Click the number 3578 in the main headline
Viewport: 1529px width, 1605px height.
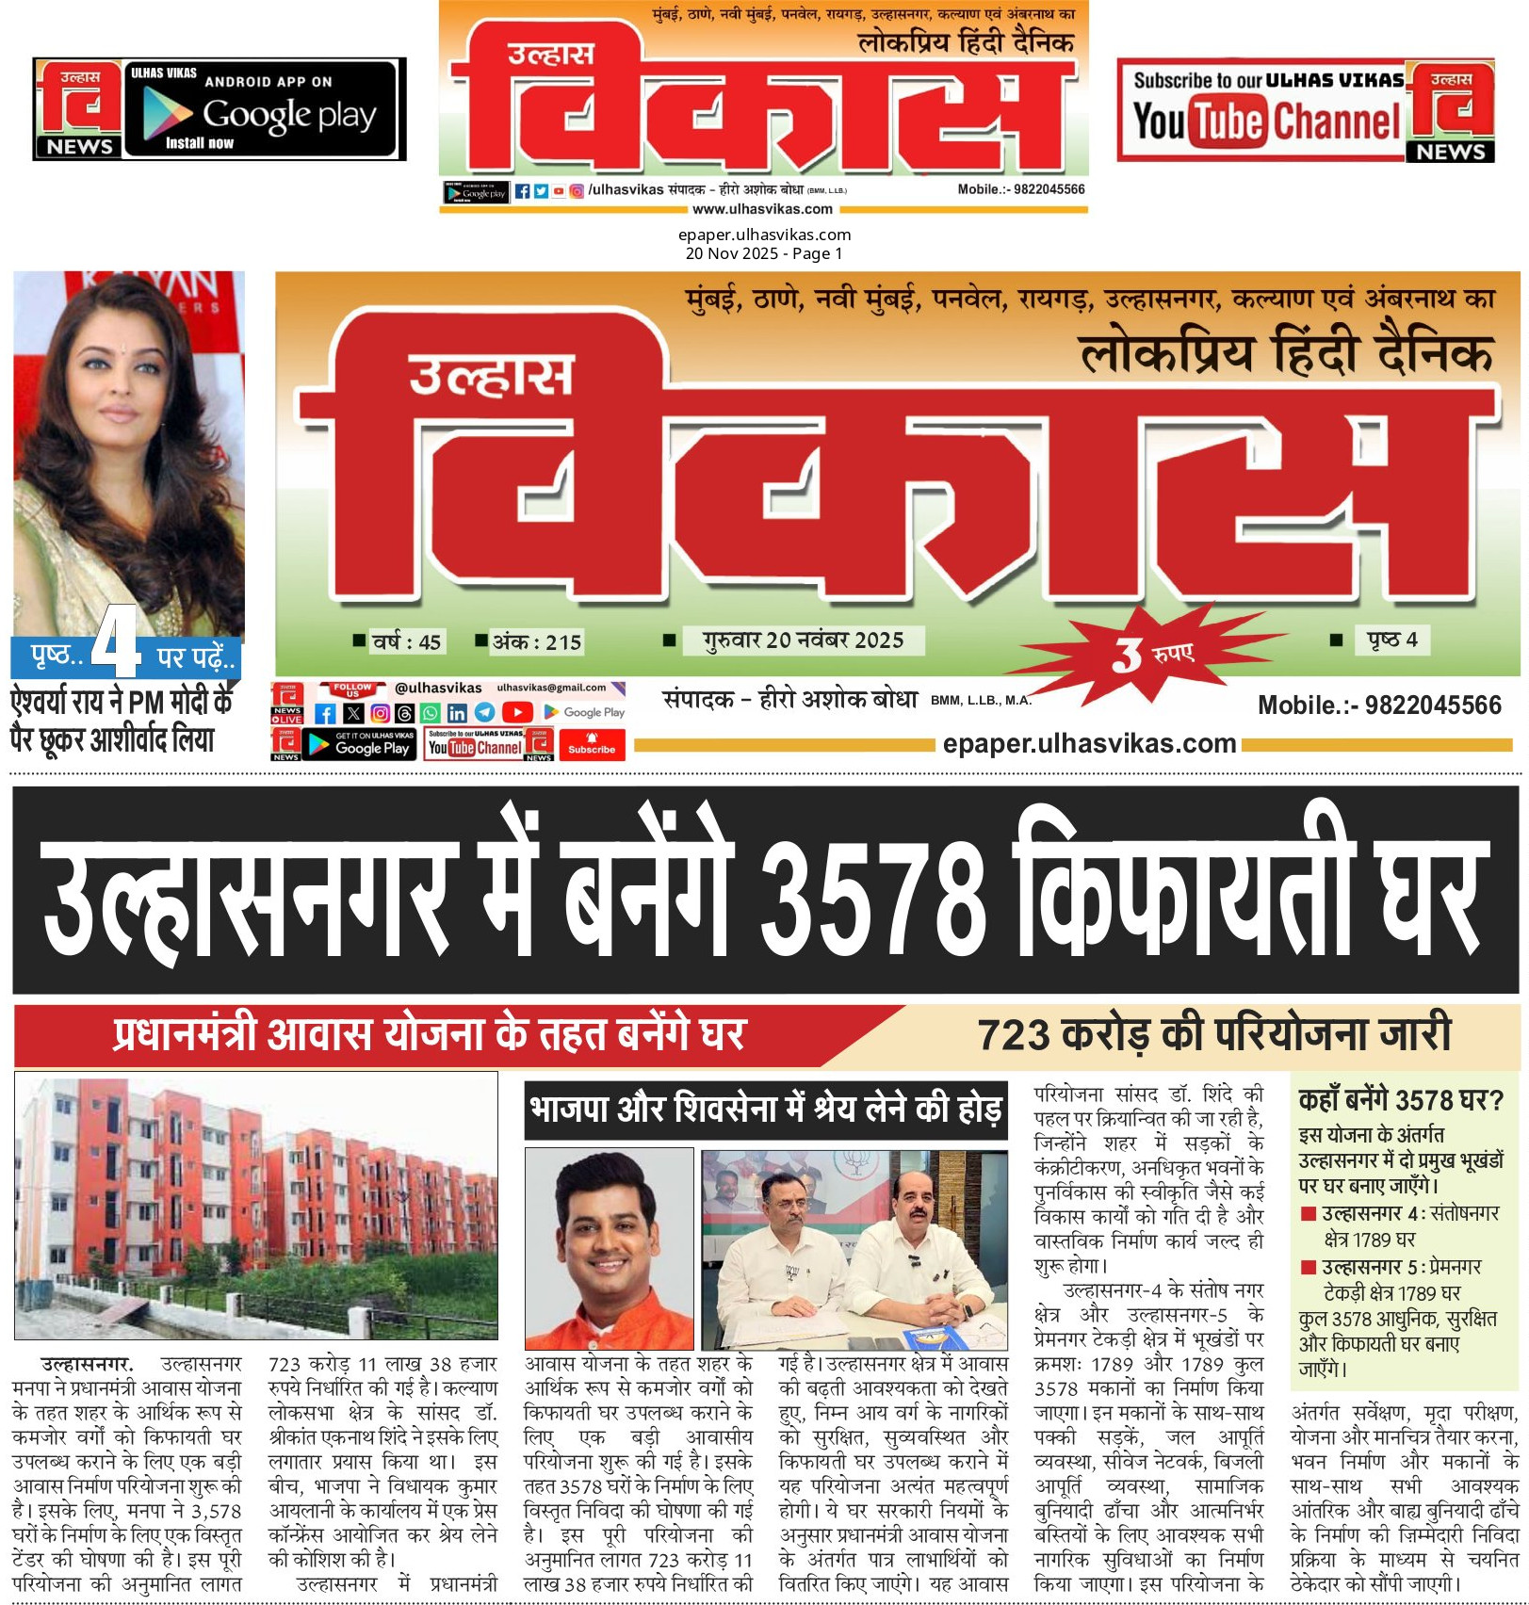coord(871,893)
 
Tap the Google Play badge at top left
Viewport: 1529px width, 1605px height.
coord(261,109)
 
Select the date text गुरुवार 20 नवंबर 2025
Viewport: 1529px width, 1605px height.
coord(803,641)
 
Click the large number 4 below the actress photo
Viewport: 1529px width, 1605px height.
coord(116,642)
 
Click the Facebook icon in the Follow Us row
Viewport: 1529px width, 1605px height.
coord(325,714)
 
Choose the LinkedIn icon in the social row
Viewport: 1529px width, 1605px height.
coord(457,714)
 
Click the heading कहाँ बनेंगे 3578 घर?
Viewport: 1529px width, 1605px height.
coord(1401,1099)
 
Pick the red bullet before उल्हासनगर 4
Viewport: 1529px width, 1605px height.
coord(1309,1214)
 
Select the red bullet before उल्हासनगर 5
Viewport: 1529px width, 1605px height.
coord(1309,1267)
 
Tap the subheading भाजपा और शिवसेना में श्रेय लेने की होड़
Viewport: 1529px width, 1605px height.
coord(765,1110)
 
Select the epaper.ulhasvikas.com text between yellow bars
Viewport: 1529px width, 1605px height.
coord(1089,744)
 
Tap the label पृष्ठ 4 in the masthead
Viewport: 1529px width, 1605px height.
coord(1392,640)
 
